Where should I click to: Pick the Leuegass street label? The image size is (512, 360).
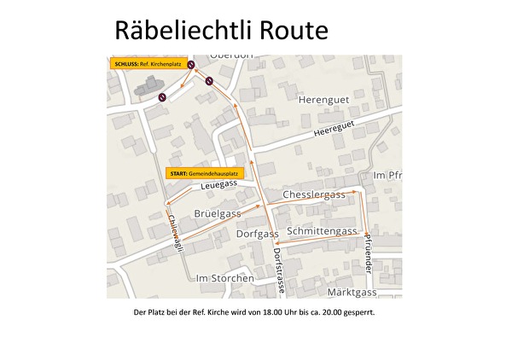[219, 184]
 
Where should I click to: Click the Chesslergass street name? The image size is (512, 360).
[313, 195]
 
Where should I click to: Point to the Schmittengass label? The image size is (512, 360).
[322, 231]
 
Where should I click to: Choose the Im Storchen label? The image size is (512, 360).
[224, 278]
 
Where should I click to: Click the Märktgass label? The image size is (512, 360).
[352, 293]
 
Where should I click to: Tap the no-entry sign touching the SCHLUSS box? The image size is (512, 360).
[193, 64]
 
